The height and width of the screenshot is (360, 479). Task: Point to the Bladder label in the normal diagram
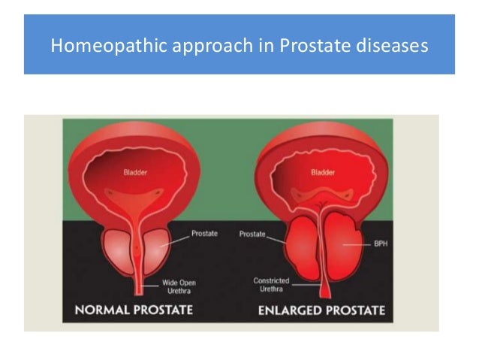click(x=135, y=172)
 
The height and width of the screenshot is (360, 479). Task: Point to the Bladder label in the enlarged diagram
click(x=322, y=172)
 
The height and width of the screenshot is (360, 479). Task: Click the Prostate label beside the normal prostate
click(x=205, y=233)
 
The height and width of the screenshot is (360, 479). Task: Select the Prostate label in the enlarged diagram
click(x=252, y=234)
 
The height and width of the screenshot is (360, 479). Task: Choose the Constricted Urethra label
click(x=270, y=285)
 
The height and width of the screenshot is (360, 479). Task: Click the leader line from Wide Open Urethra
click(x=152, y=284)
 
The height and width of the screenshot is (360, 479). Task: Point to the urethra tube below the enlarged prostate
click(x=322, y=289)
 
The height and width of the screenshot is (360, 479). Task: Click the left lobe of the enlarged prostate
click(x=297, y=248)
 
